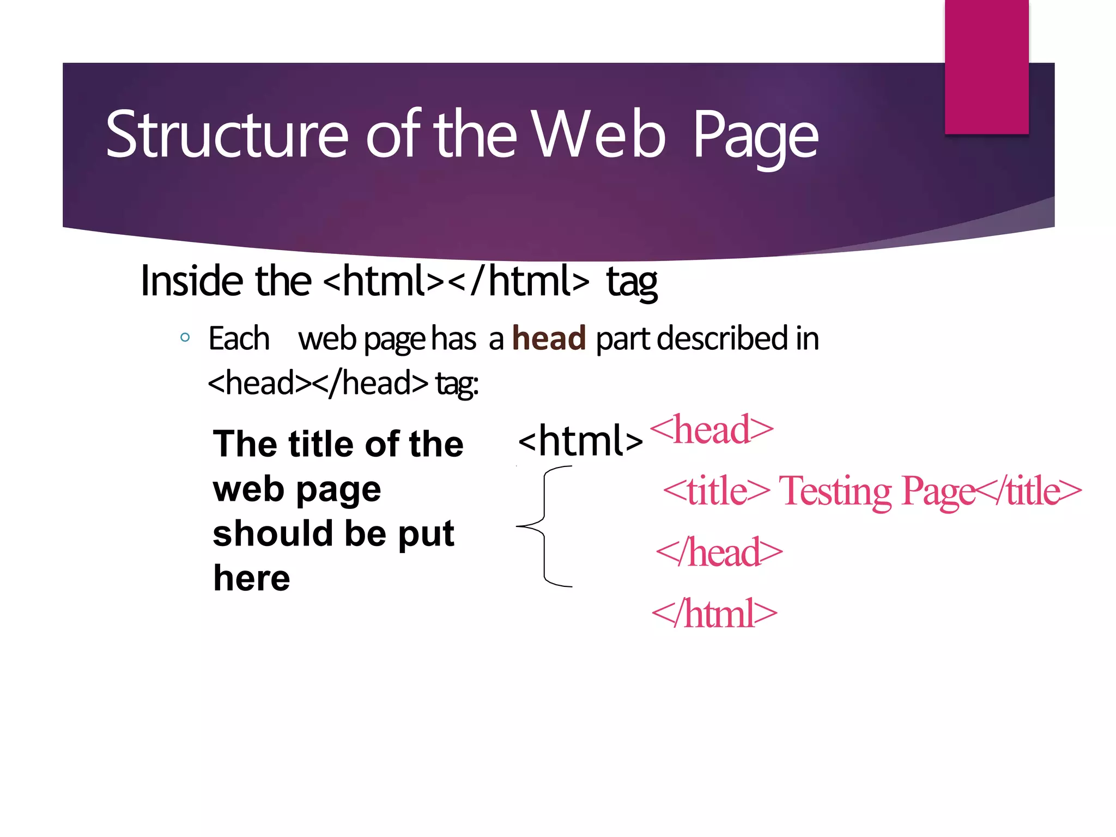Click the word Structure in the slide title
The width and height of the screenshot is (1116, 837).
(x=226, y=135)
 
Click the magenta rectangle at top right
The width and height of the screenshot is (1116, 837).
(x=986, y=66)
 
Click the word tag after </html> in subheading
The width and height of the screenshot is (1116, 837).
(x=632, y=282)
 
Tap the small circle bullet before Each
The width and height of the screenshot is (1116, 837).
(x=185, y=337)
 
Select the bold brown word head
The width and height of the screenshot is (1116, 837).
(x=549, y=338)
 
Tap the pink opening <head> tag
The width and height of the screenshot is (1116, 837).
(x=712, y=430)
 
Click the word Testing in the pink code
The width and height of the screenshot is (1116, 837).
(x=836, y=491)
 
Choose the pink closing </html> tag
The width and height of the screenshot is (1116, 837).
(x=714, y=614)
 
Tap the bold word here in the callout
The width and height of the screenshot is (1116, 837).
(x=252, y=578)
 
